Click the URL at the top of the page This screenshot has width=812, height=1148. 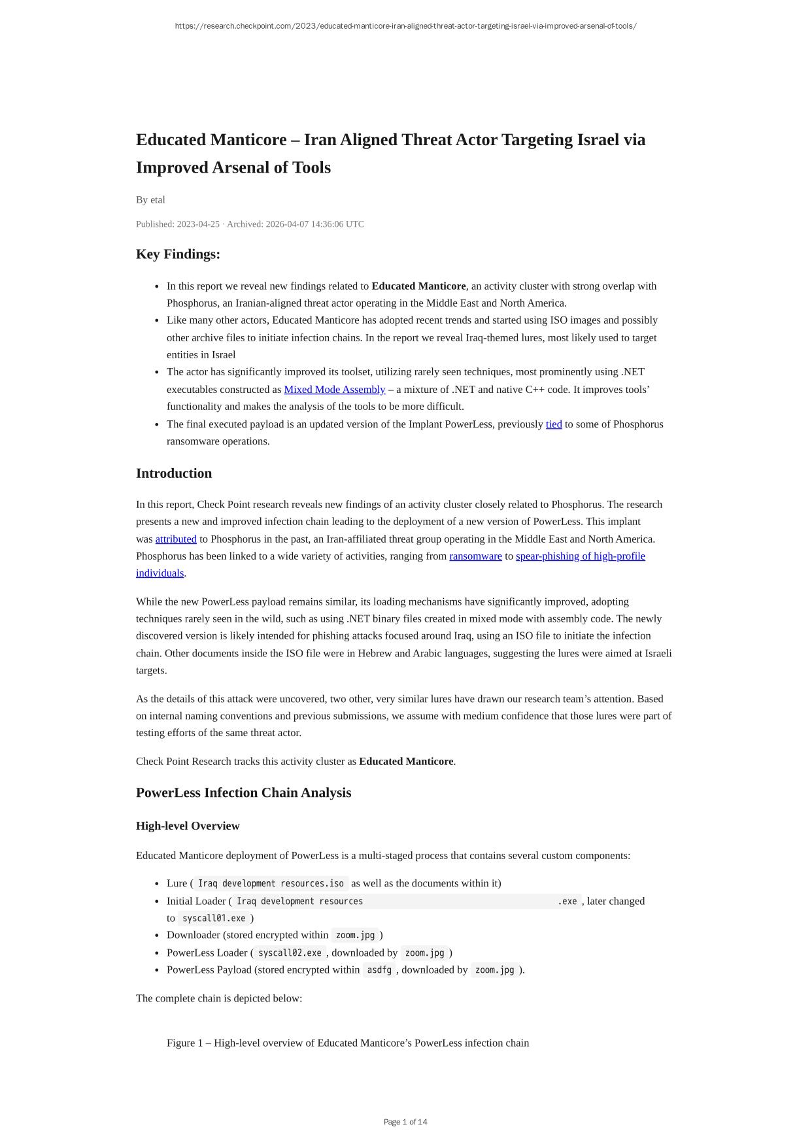pyautogui.click(x=405, y=26)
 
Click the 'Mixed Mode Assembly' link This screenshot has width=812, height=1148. pyautogui.click(x=334, y=390)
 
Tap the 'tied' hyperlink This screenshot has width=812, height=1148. pyautogui.click(x=554, y=424)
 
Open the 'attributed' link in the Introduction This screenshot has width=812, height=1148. pyautogui.click(x=176, y=539)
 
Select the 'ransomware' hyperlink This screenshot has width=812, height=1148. pyautogui.click(x=475, y=556)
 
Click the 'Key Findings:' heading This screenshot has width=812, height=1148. pyautogui.click(x=178, y=254)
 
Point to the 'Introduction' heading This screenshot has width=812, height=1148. pyautogui.click(x=174, y=473)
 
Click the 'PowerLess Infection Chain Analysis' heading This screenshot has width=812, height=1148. pyautogui.click(x=243, y=793)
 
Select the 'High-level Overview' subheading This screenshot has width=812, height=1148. pyautogui.click(x=188, y=826)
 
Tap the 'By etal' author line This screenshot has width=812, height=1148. pyautogui.click(x=150, y=200)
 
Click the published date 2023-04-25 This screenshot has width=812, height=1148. pyautogui.click(x=198, y=224)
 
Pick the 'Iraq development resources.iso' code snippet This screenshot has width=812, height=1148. pyautogui.click(x=271, y=884)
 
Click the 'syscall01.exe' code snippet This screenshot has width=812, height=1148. pyautogui.click(x=214, y=919)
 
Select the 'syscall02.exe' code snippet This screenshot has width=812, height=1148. pyautogui.click(x=290, y=953)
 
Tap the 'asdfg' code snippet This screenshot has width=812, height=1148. pyautogui.click(x=379, y=970)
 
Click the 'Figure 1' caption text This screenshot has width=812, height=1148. pyautogui.click(x=347, y=1043)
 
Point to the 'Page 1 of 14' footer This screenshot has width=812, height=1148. pyautogui.click(x=405, y=1122)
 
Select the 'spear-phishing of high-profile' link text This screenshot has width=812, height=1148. pyautogui.click(x=580, y=556)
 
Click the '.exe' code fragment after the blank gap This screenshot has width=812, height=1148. pyautogui.click(x=567, y=902)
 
